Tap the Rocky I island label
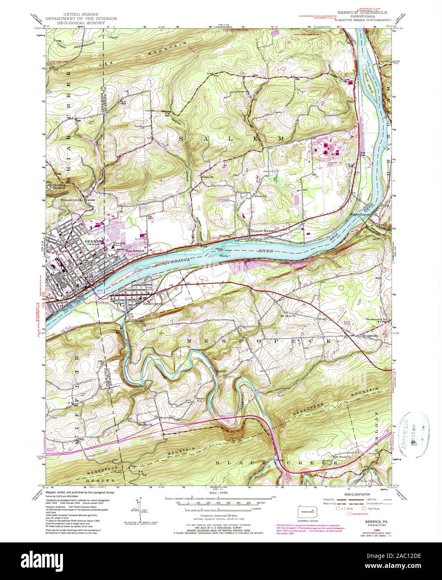coord(226,255)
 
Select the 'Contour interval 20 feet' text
coord(220,515)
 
